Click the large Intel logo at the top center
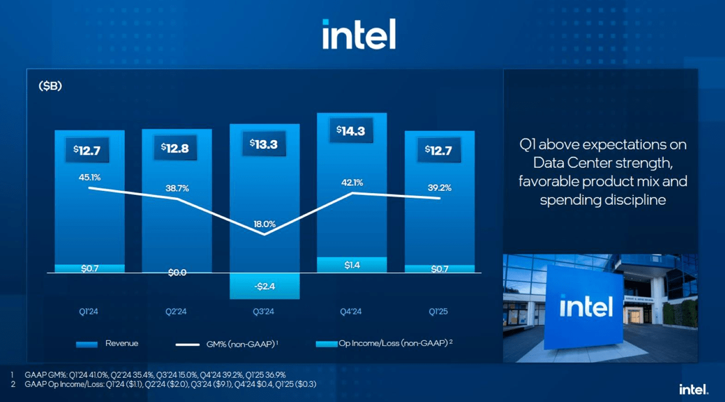(x=359, y=34)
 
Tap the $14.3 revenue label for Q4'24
(x=352, y=130)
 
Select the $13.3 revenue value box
(x=264, y=144)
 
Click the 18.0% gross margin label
(x=264, y=224)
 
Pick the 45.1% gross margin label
(x=90, y=178)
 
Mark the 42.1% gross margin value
(x=352, y=183)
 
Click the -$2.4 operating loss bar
(x=264, y=286)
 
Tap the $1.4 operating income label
(x=352, y=265)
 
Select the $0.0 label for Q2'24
(x=177, y=273)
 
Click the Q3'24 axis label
(x=264, y=312)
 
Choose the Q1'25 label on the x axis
(x=438, y=312)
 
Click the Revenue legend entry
(x=109, y=344)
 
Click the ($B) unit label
(x=50, y=87)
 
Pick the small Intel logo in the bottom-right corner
(x=693, y=389)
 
